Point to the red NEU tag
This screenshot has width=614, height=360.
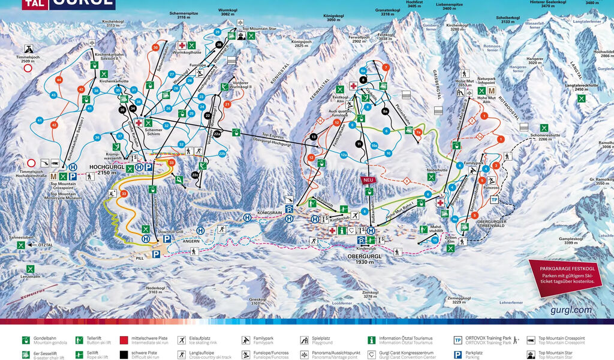(368, 180)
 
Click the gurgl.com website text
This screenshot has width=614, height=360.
(570, 310)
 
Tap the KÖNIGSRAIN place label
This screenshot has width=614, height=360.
(270, 212)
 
